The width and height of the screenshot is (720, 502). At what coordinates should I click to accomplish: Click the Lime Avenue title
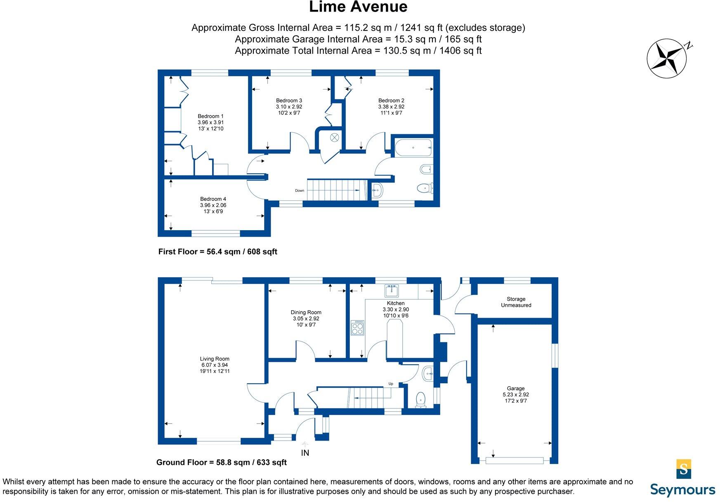358,7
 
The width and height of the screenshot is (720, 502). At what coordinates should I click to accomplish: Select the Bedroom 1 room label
210,116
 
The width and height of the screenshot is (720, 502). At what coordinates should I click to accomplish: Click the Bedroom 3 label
289,101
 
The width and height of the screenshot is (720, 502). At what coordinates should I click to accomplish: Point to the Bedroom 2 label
391,101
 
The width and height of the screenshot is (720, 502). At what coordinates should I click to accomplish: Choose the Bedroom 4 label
213,199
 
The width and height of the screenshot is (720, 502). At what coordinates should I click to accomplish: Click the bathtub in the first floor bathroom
413,147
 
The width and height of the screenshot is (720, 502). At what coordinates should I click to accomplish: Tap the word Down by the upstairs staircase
300,191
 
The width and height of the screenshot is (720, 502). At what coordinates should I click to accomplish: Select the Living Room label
215,359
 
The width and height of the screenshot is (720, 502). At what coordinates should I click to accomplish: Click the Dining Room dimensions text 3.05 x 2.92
306,319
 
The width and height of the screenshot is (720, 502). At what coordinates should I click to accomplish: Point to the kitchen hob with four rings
357,328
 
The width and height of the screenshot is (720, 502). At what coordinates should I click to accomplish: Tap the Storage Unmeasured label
516,302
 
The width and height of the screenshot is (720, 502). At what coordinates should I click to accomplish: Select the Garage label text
516,388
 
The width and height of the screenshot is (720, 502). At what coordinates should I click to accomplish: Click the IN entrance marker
305,453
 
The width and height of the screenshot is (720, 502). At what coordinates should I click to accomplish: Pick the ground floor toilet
420,399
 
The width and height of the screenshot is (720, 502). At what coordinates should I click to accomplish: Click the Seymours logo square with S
684,469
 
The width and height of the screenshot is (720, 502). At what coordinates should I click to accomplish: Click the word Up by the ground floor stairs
391,384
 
